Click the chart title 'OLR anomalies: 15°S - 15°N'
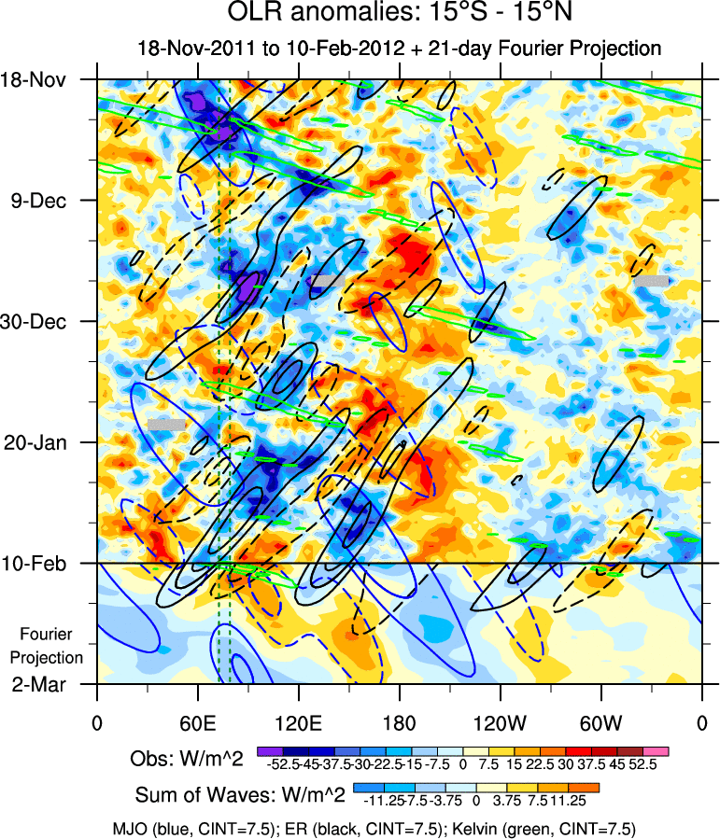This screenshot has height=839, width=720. coord(399,14)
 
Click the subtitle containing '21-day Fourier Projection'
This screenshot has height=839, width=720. coord(399,49)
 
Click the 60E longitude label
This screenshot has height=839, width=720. coord(197,723)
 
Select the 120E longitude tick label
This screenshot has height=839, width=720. coord(298,723)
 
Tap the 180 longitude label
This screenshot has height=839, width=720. coord(399,723)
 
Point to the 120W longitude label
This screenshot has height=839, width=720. coord(500,723)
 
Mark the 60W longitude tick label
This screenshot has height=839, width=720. coord(600,723)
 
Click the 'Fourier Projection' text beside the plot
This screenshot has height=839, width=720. coord(51,646)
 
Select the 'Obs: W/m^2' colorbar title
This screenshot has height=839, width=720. coord(187,760)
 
